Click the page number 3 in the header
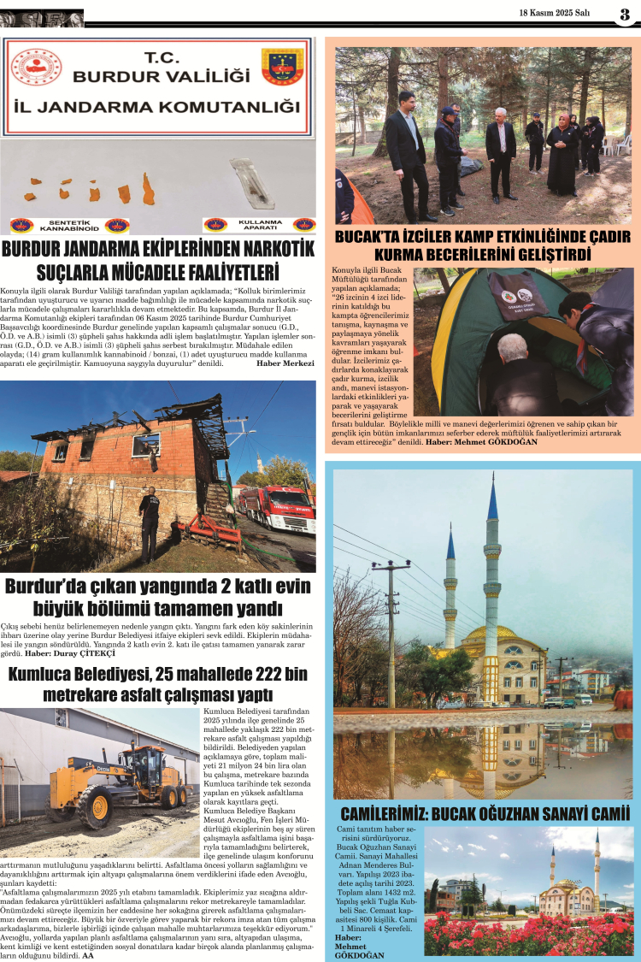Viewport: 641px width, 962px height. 625,15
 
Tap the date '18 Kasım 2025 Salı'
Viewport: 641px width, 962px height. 555,13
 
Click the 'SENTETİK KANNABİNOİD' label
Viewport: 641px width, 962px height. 70,226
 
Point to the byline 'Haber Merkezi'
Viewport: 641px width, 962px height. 285,363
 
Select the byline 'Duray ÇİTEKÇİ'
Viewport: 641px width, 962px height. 106,654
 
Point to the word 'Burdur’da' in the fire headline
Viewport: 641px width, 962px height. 48,587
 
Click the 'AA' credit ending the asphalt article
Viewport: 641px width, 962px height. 87,955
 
